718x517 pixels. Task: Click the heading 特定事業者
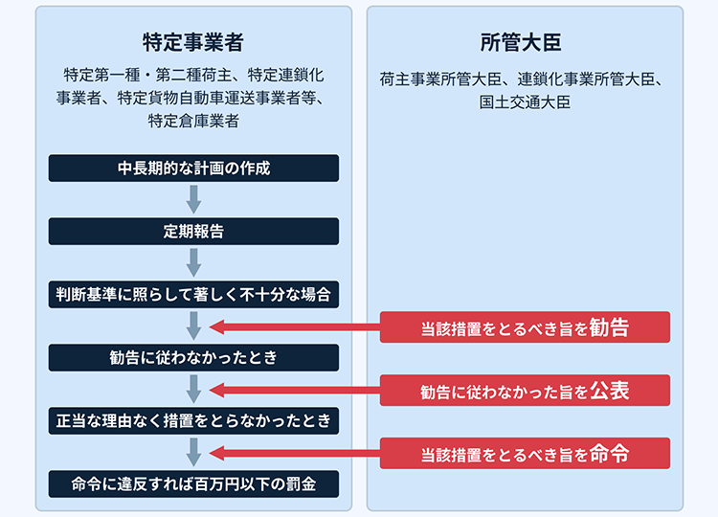pos(193,42)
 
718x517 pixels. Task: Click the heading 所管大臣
pos(521,42)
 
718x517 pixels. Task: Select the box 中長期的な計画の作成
pos(193,169)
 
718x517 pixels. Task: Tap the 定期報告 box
pos(193,232)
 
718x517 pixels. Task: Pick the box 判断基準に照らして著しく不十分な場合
pos(193,295)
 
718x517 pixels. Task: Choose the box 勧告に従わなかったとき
pos(193,358)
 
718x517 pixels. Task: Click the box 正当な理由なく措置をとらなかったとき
pos(193,421)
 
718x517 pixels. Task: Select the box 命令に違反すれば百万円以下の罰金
pos(193,484)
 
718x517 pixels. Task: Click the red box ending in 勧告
pos(525,327)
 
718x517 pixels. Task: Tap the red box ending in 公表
pos(525,391)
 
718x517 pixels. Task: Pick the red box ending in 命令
pos(525,454)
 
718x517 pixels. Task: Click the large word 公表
pos(610,391)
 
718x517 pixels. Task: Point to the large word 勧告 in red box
pos(610,327)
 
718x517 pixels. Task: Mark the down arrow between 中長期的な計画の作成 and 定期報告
pos(193,200)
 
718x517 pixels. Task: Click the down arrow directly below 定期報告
pos(193,263)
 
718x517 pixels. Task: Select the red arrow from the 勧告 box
pos(295,327)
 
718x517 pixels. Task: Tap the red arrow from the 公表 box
pos(295,391)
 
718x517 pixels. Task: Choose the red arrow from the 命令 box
pos(295,454)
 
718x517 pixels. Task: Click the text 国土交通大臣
pos(525,102)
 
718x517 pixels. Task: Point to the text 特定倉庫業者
pos(193,121)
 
